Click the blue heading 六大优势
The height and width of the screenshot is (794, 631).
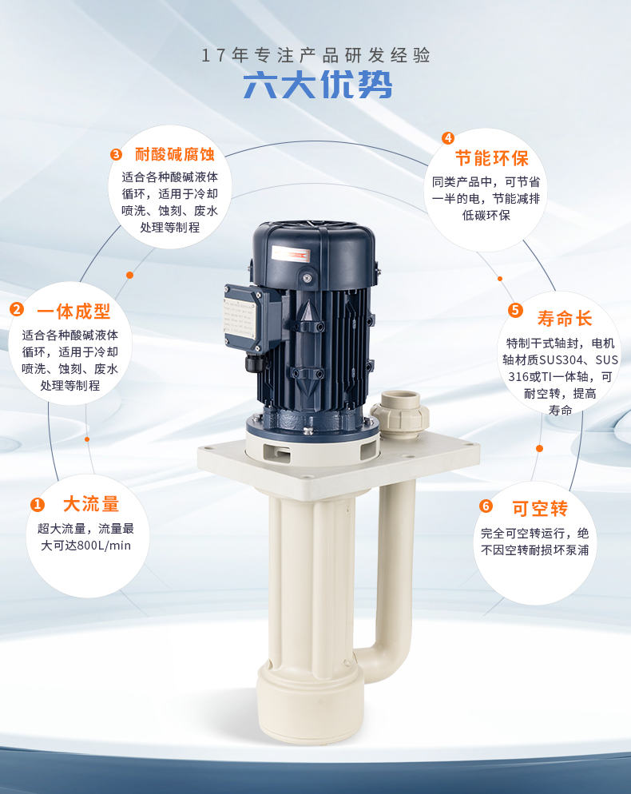coord(318,85)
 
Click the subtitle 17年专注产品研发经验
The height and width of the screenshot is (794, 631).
coord(316,55)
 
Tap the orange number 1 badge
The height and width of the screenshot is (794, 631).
coord(38,504)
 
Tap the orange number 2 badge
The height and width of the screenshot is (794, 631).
coord(17,309)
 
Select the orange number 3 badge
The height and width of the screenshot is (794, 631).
coord(116,154)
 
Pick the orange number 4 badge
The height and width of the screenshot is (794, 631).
coord(447,137)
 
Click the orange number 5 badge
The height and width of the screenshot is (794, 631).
coord(515,310)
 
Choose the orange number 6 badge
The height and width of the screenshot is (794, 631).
coord(486,506)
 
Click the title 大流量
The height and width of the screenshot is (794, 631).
coord(91,504)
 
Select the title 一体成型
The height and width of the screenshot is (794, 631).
coord(73,312)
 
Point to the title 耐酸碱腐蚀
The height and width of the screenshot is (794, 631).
coord(175,154)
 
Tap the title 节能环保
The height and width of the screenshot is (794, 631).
coord(492,158)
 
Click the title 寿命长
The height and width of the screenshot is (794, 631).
coord(565,319)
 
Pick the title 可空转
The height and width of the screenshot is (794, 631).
coord(540,508)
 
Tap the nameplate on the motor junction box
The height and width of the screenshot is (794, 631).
coord(240,317)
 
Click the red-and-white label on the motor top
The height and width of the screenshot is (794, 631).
coord(291,254)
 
